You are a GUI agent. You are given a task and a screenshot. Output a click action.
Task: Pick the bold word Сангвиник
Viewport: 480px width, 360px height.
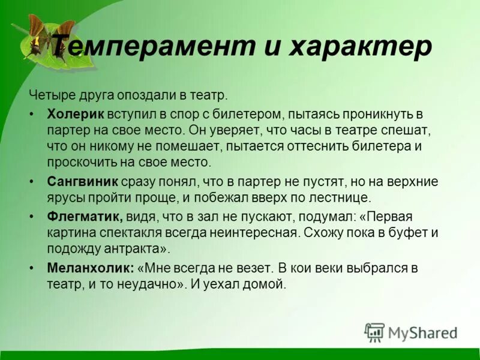click(x=83, y=181)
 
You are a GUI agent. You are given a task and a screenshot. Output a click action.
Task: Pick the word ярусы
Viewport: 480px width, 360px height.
click(x=65, y=197)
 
